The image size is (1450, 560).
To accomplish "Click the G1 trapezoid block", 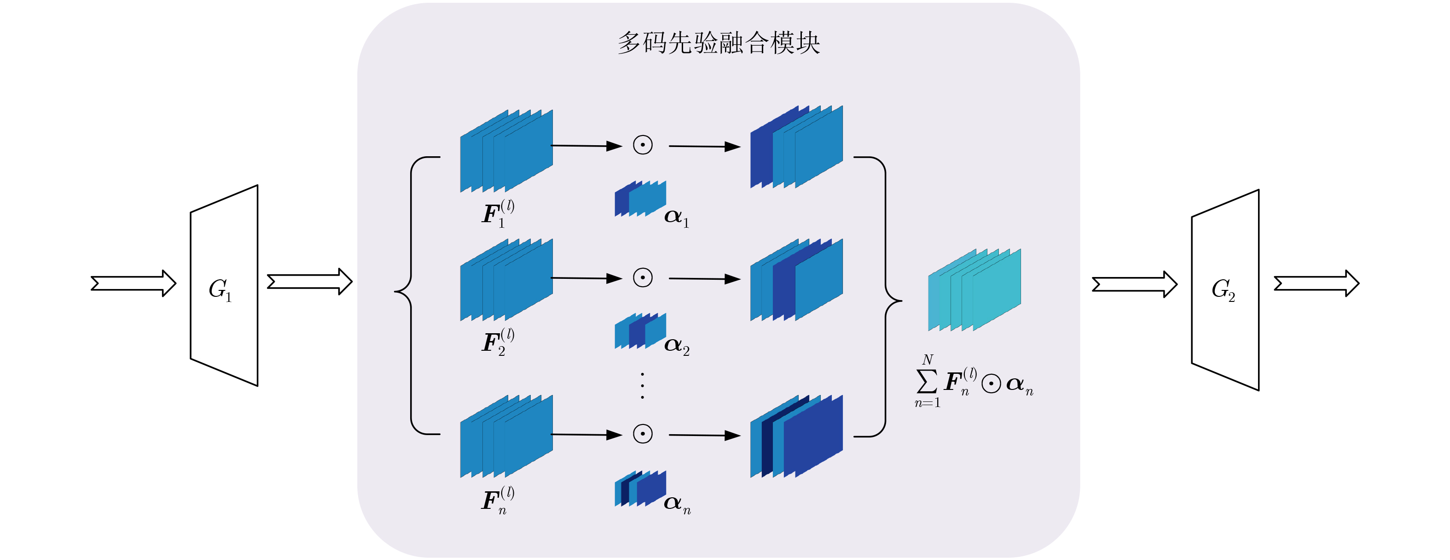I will pos(224,286).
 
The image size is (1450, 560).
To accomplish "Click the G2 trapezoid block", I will pos(1225,290).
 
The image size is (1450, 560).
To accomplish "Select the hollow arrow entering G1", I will pos(133,283).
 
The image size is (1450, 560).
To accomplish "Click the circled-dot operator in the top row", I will pos(643,145).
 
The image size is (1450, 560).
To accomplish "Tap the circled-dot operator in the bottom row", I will pos(643,434).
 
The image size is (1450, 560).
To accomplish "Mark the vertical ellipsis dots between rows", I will pos(642,386).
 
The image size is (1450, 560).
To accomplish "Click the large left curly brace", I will pos(411,293).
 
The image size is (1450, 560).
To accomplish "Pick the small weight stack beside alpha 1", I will pos(640,198).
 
